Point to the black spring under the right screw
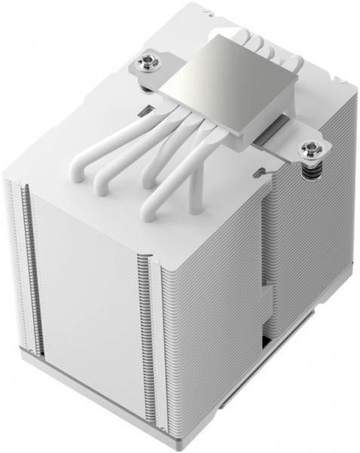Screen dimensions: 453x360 tap(309, 171)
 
